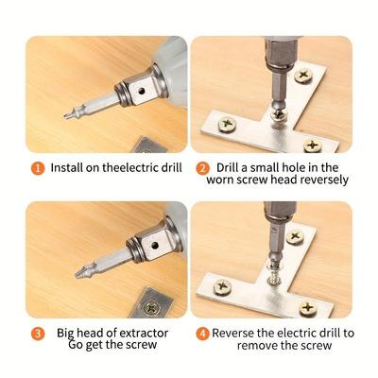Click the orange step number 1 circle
pyautogui.click(x=38, y=168)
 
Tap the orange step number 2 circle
pyautogui.click(x=202, y=168)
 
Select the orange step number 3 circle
pyautogui.click(x=38, y=334)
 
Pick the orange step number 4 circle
pyautogui.click(x=202, y=334)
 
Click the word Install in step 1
pyautogui.click(x=65, y=167)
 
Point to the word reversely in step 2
pyautogui.click(x=324, y=180)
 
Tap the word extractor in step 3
pyautogui.click(x=145, y=333)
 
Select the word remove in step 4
pyautogui.click(x=257, y=345)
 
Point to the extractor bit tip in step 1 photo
pyautogui.click(x=65, y=117)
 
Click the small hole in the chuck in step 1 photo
pyautogui.click(x=142, y=92)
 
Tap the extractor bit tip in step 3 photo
pyautogui.click(x=77, y=274)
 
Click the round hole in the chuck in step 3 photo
pyautogui.click(x=154, y=245)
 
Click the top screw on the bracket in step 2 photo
pyautogui.click(x=303, y=76)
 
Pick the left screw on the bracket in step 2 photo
pyautogui.click(x=227, y=124)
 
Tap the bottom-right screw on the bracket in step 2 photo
pyautogui.click(x=313, y=146)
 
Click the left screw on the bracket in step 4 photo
pyautogui.click(x=223, y=286)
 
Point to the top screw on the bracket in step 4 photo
pyautogui.click(x=295, y=236)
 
